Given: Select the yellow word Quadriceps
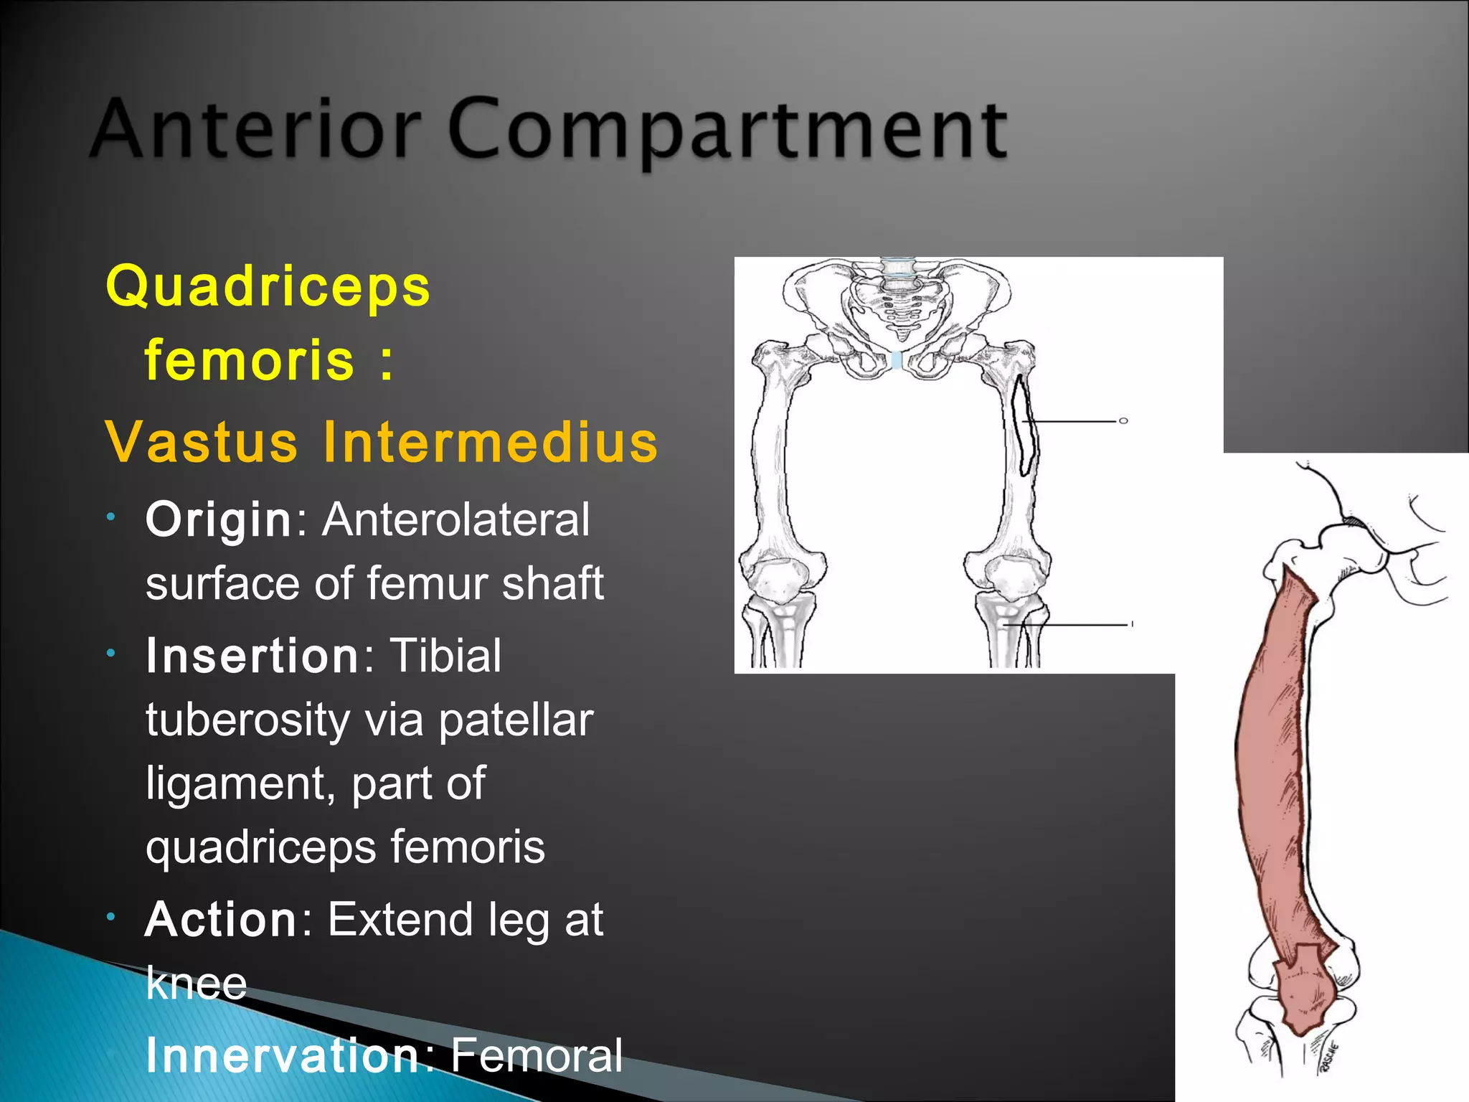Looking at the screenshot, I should [268, 286].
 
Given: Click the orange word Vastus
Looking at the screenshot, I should [201, 442].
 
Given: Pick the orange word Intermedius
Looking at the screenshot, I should [490, 442].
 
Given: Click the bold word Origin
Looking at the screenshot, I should [217, 519].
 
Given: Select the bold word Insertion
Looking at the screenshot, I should [252, 656].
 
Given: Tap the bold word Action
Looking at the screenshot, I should [221, 920].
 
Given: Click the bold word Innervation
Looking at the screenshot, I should [282, 1055].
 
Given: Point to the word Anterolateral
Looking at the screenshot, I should [455, 519].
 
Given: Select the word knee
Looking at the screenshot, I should [196, 983].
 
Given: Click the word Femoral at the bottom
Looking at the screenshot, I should [537, 1055].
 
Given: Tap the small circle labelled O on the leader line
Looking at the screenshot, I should [1123, 421].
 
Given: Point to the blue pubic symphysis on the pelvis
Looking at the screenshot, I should [897, 361].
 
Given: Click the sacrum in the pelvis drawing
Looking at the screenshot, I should [899, 309].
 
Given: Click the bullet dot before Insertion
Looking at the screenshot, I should [110, 653].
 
